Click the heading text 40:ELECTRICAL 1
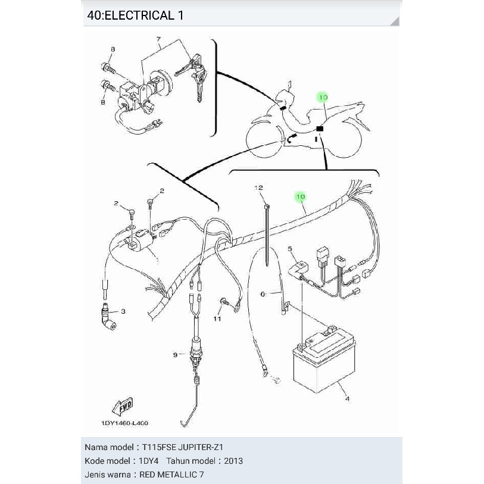(x=135, y=15)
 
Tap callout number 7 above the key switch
(x=159, y=40)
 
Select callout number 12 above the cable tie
(x=259, y=188)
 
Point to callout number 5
(x=290, y=248)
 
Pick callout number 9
(x=175, y=355)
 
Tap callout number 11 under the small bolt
(x=217, y=319)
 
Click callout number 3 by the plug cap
(x=123, y=311)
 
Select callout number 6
(x=262, y=293)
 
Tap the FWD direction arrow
(x=121, y=407)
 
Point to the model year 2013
(x=233, y=461)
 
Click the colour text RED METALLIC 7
(x=173, y=474)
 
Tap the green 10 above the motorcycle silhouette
(x=323, y=97)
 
